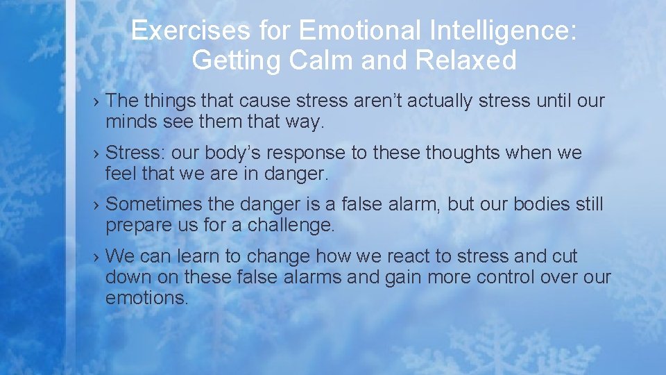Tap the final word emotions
tap(147, 298)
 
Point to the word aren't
tap(372, 101)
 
